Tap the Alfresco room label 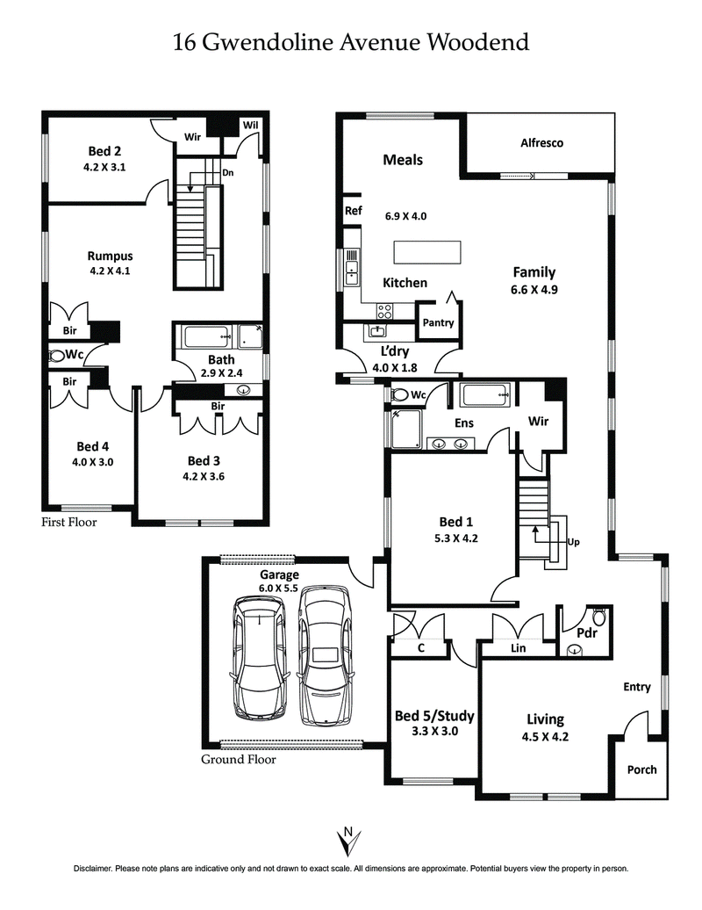coord(541,142)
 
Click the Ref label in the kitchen coord(353,211)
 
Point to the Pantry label coord(438,322)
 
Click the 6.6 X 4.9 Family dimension coord(534,289)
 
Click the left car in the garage coord(261,659)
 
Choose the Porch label coord(641,769)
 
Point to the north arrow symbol coord(349,841)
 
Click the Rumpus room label coord(110,256)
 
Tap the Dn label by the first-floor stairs coord(227,173)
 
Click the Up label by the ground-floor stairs coord(575,543)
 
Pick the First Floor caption coord(69,522)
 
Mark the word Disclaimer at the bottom coord(93,869)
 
